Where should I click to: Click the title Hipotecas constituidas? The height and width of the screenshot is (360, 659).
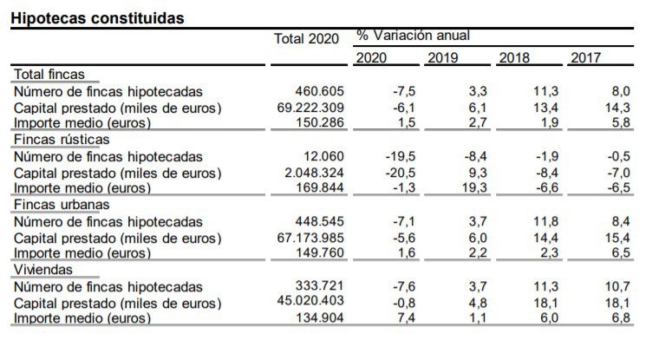pyautogui.click(x=97, y=17)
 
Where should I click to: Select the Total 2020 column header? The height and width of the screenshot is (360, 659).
pyautogui.click(x=306, y=39)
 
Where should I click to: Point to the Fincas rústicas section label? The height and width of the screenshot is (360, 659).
pyautogui.click(x=61, y=140)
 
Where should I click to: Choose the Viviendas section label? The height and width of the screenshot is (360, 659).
pyautogui.click(x=42, y=270)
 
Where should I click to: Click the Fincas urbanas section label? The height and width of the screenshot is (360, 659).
pyautogui.click(x=61, y=205)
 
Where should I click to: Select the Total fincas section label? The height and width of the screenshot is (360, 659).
pyautogui.click(x=49, y=75)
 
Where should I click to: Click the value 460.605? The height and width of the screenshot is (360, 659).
pyautogui.click(x=320, y=91)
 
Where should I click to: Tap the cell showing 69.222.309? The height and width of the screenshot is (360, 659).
pyautogui.click(x=308, y=108)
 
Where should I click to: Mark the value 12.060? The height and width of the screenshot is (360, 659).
pyautogui.click(x=323, y=156)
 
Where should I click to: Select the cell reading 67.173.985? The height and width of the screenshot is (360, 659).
pyautogui.click(x=308, y=238)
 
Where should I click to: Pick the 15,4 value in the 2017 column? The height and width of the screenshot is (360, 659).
pyautogui.click(x=618, y=238)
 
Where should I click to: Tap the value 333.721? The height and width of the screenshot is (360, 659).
pyautogui.click(x=320, y=286)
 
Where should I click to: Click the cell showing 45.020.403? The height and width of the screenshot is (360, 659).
pyautogui.click(x=308, y=302)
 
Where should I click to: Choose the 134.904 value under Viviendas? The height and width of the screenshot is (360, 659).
pyautogui.click(x=320, y=318)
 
